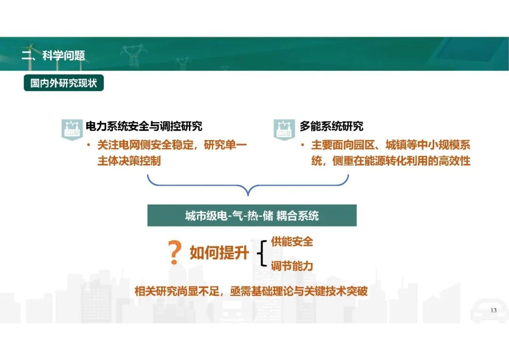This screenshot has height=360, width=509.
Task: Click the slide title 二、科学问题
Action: [53, 56]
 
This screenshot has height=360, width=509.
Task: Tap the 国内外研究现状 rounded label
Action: [64, 83]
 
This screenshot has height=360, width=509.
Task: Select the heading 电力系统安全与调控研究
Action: [144, 126]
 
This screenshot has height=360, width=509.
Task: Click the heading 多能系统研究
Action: [331, 126]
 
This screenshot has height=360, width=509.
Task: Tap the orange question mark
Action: [175, 253]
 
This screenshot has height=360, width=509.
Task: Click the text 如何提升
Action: [219, 253]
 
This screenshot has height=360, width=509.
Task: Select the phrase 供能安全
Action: [292, 242]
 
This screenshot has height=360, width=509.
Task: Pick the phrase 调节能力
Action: [292, 266]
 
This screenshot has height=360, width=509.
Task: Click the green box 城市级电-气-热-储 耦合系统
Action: [252, 215]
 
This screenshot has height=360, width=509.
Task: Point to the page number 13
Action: [493, 311]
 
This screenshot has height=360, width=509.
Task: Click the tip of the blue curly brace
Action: [248, 196]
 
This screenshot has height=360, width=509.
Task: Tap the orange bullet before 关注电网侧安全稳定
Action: [89, 145]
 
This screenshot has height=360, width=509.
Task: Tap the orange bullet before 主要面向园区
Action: [303, 145]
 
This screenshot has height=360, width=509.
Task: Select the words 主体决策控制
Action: [129, 161]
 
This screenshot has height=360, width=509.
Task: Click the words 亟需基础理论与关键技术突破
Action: [299, 291]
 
